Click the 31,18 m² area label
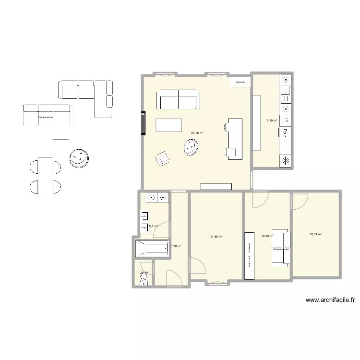tap(197, 133)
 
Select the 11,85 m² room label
tap(216, 236)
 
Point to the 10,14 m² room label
tap(316, 234)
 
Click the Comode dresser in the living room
tap(240, 83)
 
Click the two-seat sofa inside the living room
tap(179, 99)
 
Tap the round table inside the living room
tap(191, 147)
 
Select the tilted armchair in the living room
tap(162, 158)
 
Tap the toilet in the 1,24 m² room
tap(143, 281)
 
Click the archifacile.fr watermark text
tap(331, 300)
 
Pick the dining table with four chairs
tap(46, 177)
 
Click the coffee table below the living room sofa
tap(169, 125)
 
